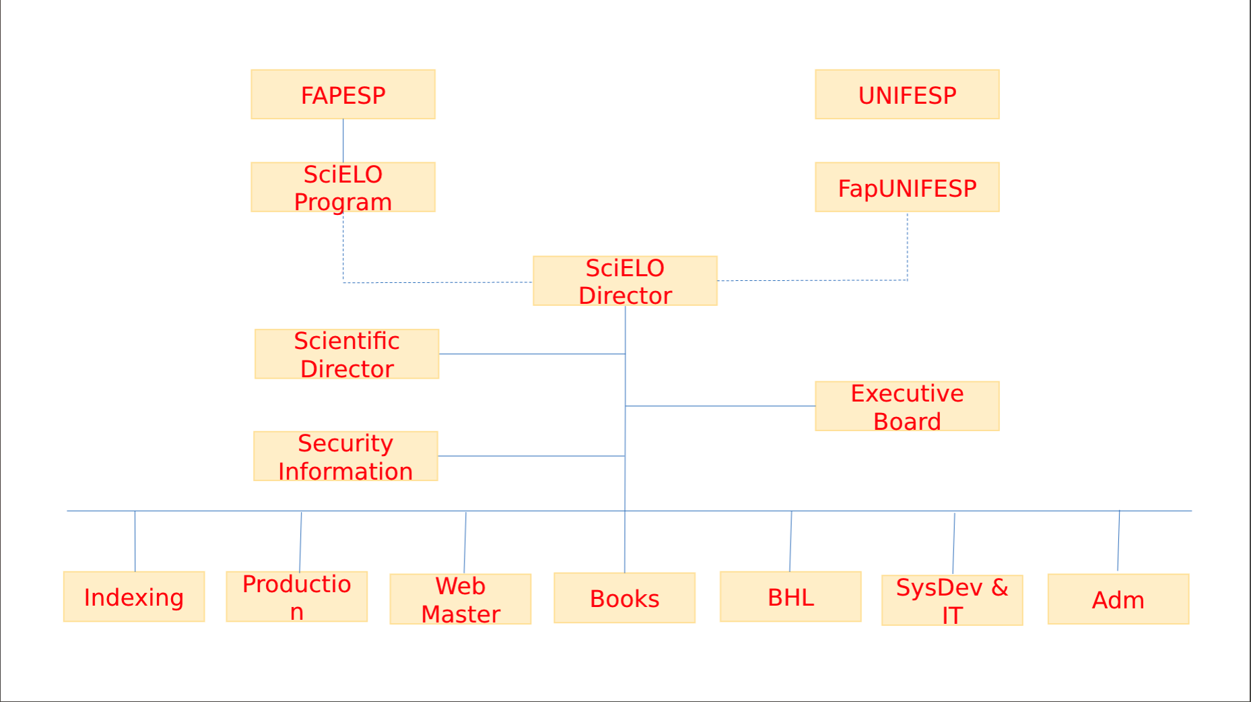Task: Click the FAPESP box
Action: click(343, 94)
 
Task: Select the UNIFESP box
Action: click(907, 94)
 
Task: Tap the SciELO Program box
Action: click(343, 187)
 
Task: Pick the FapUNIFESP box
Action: click(907, 187)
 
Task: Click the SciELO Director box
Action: click(625, 281)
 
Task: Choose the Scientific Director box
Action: click(347, 354)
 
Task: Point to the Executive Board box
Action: click(907, 406)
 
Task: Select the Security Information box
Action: click(345, 456)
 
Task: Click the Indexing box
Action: click(134, 597)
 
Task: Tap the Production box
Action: click(297, 597)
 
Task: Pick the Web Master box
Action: click(461, 599)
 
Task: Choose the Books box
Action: click(625, 598)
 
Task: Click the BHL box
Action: click(790, 597)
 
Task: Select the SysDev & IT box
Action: click(952, 600)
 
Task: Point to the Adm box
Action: click(1118, 599)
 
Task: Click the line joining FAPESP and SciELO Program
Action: click(343, 141)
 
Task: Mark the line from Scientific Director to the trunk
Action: click(532, 354)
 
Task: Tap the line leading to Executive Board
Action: click(720, 406)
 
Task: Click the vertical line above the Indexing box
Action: click(135, 541)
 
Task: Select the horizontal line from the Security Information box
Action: click(531, 456)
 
